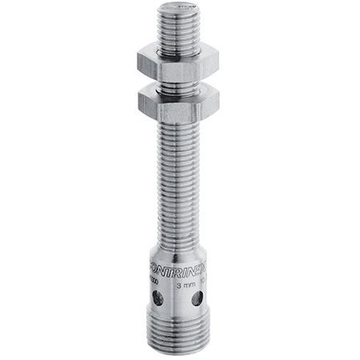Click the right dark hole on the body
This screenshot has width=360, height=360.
point(197,299)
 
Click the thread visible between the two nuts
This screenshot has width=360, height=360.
point(178,82)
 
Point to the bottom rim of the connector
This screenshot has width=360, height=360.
point(178,349)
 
